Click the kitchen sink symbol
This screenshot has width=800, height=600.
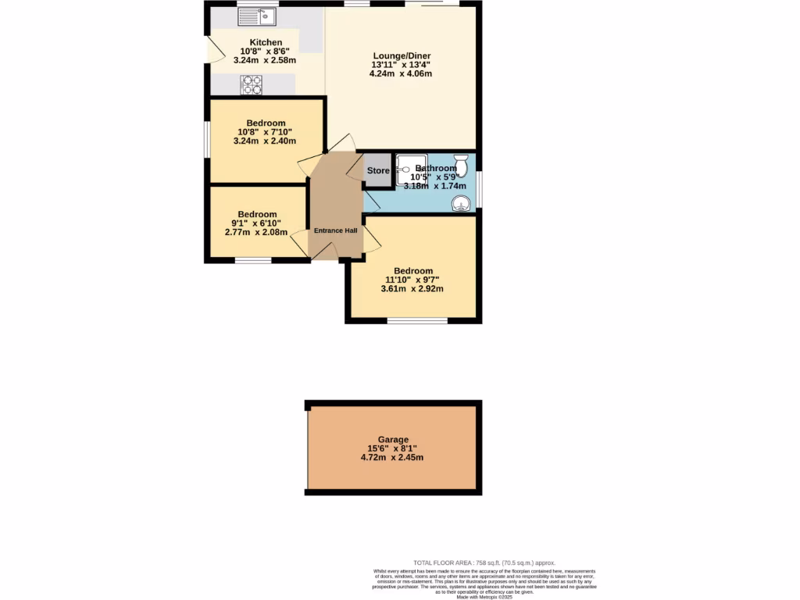tap(258, 15)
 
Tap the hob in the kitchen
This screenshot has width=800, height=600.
tap(252, 84)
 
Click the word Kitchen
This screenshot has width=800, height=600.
tap(266, 42)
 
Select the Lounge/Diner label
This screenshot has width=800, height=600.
tap(401, 55)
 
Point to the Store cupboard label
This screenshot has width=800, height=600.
tap(378, 171)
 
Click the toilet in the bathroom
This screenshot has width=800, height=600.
tap(460, 165)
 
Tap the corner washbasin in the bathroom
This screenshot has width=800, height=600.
tap(462, 203)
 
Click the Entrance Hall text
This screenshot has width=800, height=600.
tap(335, 231)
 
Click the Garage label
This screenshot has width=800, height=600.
tap(392, 440)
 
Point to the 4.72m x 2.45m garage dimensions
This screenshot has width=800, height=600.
tap(392, 458)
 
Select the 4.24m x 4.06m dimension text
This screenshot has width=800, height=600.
tap(401, 74)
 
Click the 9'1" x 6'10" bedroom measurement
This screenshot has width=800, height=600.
tap(257, 223)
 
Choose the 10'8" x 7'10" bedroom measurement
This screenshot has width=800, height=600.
tap(266, 132)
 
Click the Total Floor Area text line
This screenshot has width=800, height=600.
tap(484, 562)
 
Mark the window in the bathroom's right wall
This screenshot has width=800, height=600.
tap(479, 190)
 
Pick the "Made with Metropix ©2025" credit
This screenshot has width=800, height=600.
tap(484, 597)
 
